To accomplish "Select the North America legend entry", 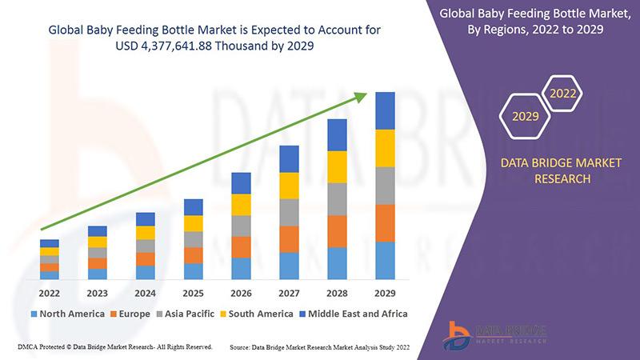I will coord(67,314).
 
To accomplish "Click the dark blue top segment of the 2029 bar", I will coord(386,110).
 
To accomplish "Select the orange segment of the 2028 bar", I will coord(338,231).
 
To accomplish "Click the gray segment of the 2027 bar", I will coord(289,212).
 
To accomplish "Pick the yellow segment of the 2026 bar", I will coord(241,205).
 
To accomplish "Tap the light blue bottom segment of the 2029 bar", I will coord(386,260).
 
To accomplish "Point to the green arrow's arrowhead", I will coord(361,98).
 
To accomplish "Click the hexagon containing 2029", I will coord(525,117).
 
